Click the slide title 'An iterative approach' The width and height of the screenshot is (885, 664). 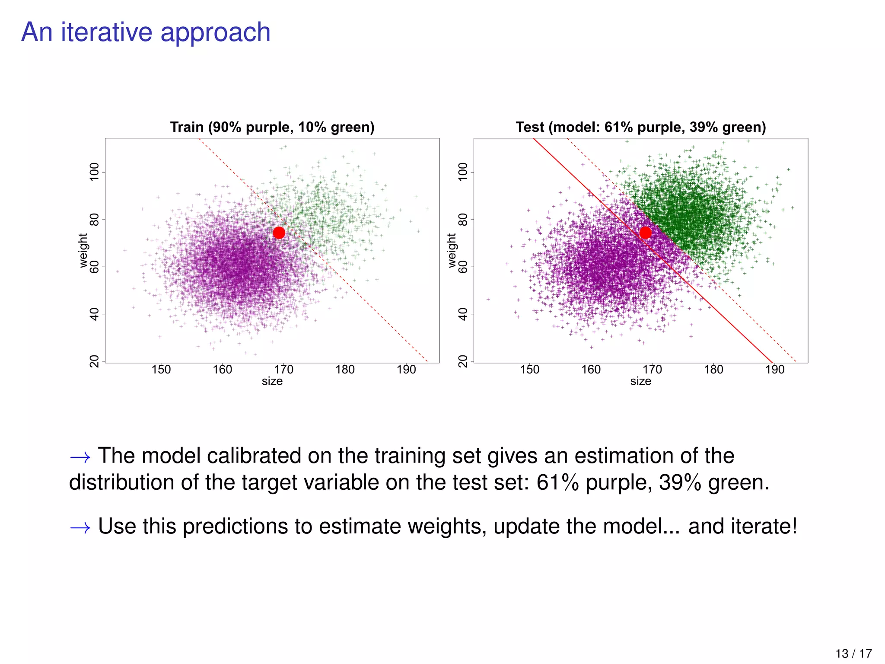click(146, 32)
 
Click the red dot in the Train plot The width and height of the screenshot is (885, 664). click(279, 233)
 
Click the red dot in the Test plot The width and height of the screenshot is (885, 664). click(645, 233)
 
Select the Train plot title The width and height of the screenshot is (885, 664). click(272, 127)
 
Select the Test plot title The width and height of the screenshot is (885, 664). click(640, 127)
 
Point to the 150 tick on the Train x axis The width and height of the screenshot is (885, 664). click(161, 370)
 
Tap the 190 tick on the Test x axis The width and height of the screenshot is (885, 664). click(775, 370)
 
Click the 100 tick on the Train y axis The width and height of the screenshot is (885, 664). click(94, 172)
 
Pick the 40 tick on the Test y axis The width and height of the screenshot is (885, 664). click(463, 314)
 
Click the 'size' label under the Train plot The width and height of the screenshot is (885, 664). click(272, 381)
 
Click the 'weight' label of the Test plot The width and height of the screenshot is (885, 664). click(452, 251)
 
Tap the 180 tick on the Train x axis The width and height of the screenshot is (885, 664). click(345, 370)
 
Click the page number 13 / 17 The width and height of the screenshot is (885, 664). click(853, 653)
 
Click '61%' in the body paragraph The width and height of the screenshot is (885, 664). click(557, 482)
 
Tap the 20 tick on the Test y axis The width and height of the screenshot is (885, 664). click(463, 361)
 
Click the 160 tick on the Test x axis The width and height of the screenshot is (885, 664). click(591, 370)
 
